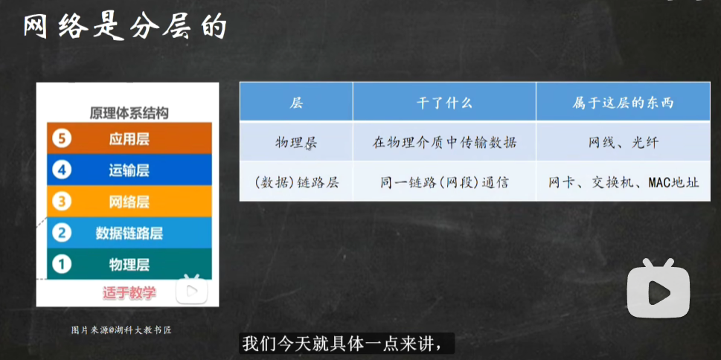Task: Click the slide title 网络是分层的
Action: pyautogui.click(x=126, y=26)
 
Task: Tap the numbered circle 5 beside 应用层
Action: pyautogui.click(x=61, y=139)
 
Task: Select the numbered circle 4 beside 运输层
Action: pyautogui.click(x=61, y=170)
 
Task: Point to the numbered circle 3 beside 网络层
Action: pyautogui.click(x=61, y=202)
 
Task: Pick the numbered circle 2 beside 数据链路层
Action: pyautogui.click(x=61, y=233)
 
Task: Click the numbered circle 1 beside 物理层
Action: pyautogui.click(x=61, y=264)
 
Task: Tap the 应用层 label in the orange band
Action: pyautogui.click(x=129, y=139)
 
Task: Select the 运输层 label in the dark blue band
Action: pyautogui.click(x=129, y=170)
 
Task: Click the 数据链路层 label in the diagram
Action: pyautogui.click(x=129, y=233)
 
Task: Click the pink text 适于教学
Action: pyautogui.click(x=129, y=292)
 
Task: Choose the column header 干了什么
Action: pyautogui.click(x=444, y=103)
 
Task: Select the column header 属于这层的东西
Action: pyautogui.click(x=623, y=103)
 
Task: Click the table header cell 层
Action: pyautogui.click(x=296, y=103)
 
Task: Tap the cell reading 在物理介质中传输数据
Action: pyautogui.click(x=444, y=143)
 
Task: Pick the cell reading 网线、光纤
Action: pyautogui.click(x=623, y=143)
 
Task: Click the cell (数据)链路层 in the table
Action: pyautogui.click(x=296, y=183)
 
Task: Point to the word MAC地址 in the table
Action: pyautogui.click(x=673, y=183)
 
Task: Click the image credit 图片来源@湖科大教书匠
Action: pyautogui.click(x=121, y=330)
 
